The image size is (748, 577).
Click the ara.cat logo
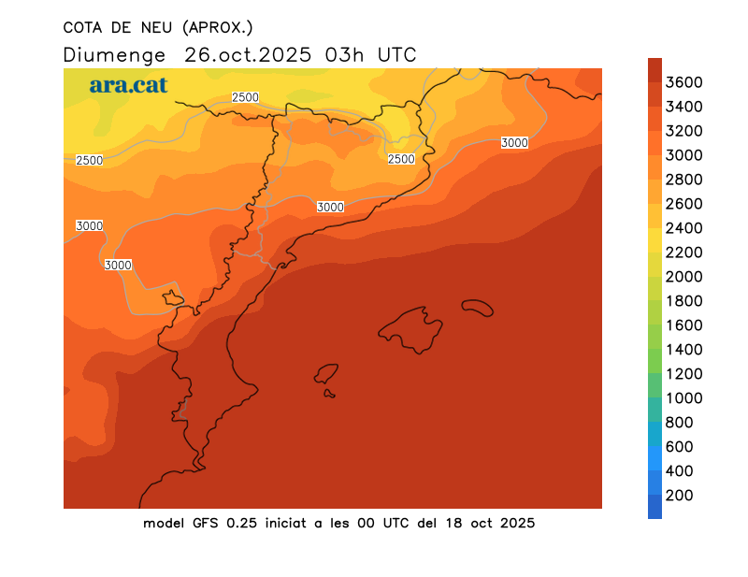pos(129,85)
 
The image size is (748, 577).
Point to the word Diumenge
pos(114,54)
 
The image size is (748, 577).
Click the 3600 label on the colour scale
pos(683,82)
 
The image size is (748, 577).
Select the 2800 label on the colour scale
pos(683,180)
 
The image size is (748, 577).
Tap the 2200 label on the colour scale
pos(683,252)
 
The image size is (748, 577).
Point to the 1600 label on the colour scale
pos(683,325)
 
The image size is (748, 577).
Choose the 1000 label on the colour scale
pos(683,398)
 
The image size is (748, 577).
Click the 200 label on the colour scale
pos(680,496)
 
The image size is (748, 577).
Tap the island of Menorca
pos(477,307)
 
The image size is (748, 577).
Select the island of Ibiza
pos(327,374)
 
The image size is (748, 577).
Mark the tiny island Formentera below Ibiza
pos(330,394)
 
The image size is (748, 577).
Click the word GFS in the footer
pos(207,523)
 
